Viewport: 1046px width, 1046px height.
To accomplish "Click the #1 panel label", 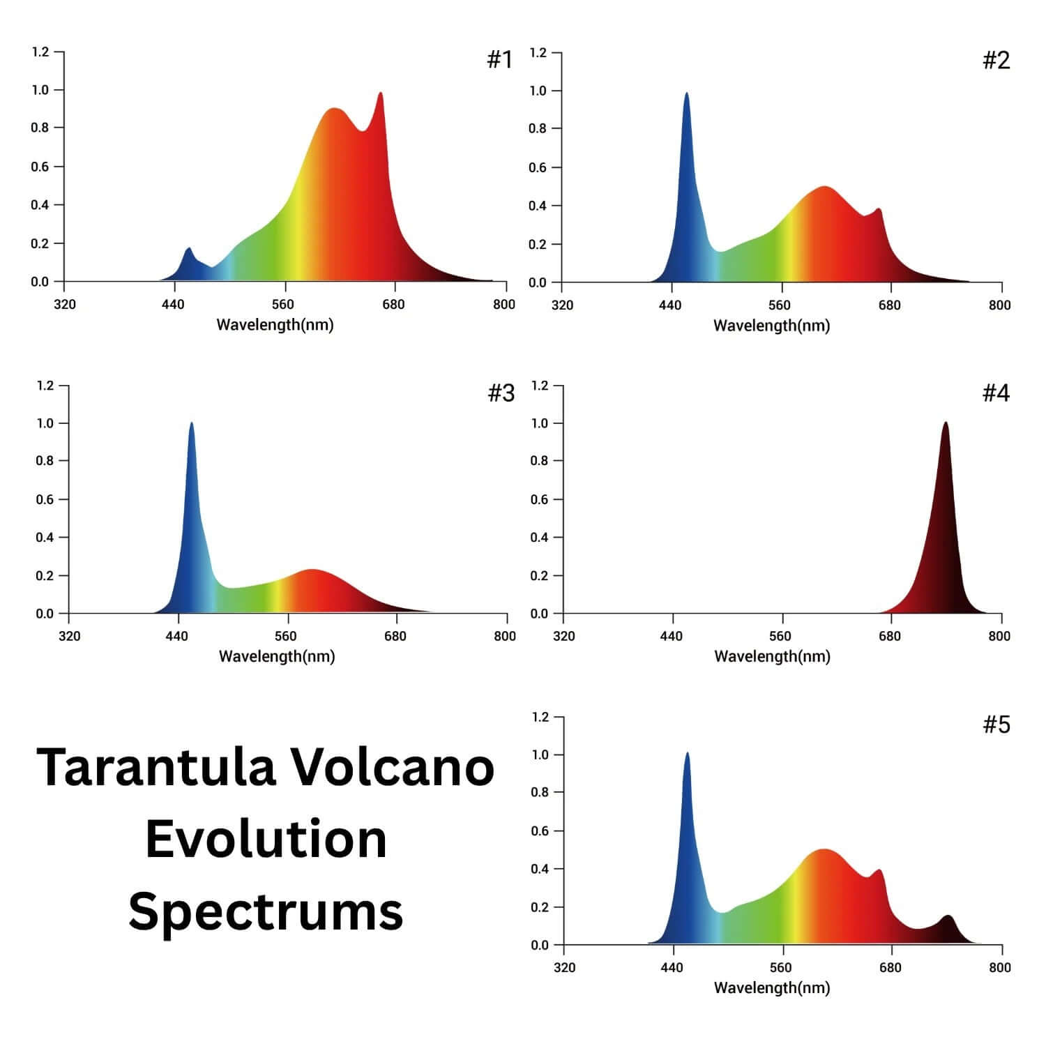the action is click(499, 60).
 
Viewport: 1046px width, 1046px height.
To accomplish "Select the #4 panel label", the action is click(996, 393).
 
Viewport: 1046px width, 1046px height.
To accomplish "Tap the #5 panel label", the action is click(996, 725).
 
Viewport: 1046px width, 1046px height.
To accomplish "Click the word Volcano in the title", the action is click(392, 767).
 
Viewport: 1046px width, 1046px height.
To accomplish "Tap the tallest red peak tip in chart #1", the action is click(380, 93).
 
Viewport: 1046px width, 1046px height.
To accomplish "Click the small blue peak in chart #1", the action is click(188, 248).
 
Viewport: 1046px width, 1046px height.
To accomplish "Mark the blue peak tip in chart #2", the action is click(686, 93).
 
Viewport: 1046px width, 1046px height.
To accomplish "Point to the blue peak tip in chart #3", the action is click(191, 423).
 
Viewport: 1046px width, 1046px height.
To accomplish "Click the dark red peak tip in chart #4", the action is click(946, 422).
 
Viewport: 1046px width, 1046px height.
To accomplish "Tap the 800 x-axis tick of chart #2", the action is click(999, 305).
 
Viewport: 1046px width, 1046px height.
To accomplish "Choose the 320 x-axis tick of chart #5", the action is click(564, 967).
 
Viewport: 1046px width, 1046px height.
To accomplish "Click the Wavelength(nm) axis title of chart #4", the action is click(772, 656).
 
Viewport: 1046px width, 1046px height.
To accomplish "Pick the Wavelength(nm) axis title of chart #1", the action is click(275, 324).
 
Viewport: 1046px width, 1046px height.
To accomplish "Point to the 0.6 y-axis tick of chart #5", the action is click(540, 831).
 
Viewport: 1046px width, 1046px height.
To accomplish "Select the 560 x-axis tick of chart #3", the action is click(285, 636).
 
